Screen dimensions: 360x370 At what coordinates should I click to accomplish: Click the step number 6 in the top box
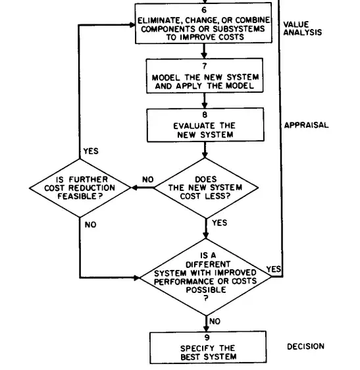coord(204,10)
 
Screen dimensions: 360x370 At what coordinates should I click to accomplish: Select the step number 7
coord(205,66)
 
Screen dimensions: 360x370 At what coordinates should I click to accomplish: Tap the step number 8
coord(205,115)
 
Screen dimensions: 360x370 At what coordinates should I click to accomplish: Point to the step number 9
coord(207,338)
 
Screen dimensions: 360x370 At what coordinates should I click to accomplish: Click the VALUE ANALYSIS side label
coord(303,28)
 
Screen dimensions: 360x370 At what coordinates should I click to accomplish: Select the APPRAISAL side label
coord(306,125)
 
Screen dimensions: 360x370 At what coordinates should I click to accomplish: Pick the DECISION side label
coord(305,346)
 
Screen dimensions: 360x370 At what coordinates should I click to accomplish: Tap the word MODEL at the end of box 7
coord(240,86)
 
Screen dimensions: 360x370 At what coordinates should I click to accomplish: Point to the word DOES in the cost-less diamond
coord(206,179)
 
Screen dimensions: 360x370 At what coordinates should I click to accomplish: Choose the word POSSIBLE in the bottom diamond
coord(206,290)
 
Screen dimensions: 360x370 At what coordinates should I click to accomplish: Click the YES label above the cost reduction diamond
coord(91,151)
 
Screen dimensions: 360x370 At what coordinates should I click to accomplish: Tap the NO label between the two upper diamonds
coord(148,180)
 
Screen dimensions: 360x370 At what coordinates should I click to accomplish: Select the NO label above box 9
coord(215,321)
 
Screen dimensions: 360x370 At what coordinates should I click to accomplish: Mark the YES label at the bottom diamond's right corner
coord(274,269)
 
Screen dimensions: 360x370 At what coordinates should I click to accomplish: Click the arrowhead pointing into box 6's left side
coord(132,24)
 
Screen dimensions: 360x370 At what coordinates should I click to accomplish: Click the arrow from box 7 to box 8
coord(205,101)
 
